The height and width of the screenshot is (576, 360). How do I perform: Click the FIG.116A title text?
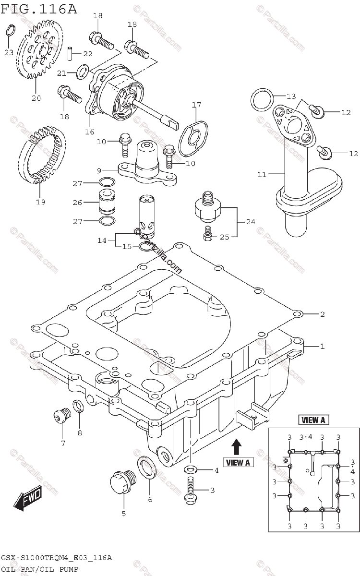(39, 8)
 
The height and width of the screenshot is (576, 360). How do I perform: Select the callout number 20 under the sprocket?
(36, 98)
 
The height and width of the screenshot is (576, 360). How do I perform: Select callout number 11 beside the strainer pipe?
(262, 174)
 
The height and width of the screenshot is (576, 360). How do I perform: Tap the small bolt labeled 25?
(207, 233)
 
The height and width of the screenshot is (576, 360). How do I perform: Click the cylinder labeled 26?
(106, 202)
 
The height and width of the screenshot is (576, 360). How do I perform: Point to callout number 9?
(98, 169)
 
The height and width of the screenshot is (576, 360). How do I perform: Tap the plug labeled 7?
(59, 416)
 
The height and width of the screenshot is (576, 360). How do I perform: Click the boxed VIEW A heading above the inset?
(313, 420)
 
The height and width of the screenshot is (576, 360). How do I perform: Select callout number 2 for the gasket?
(322, 314)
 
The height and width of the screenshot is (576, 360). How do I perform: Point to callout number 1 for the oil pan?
(322, 346)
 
